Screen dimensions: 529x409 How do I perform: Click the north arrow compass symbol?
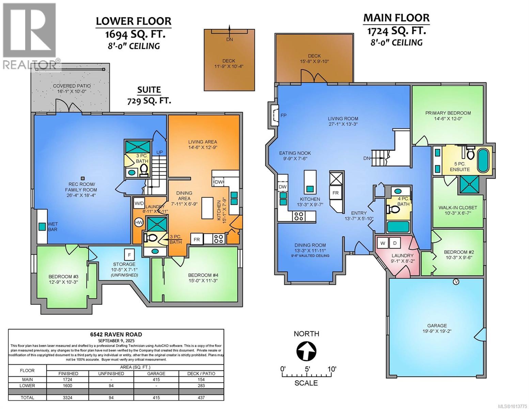306,351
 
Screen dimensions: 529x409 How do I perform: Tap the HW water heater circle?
139,223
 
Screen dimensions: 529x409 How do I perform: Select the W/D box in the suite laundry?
139,203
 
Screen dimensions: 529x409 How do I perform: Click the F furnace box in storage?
129,255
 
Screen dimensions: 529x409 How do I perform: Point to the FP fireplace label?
284,116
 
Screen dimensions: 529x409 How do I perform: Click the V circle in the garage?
456,282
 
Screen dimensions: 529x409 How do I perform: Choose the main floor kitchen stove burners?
299,216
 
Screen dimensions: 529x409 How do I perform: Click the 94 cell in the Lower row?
111,385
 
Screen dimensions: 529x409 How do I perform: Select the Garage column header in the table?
156,374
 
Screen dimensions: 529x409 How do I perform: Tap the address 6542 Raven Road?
116,334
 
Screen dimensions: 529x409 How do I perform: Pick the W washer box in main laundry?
383,243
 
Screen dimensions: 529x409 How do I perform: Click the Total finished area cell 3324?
68,397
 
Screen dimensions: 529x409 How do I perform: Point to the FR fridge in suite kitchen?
197,240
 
